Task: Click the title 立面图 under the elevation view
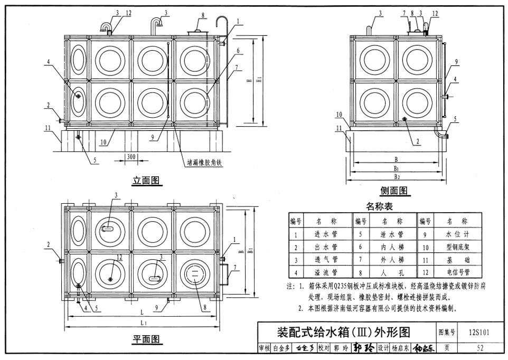point(146,182)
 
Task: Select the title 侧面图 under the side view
point(394,191)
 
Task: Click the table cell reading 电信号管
point(456,273)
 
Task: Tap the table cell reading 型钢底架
point(456,247)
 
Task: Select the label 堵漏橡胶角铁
point(204,163)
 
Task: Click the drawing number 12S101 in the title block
point(478,333)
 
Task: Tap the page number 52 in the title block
point(479,348)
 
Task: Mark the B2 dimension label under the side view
point(396,176)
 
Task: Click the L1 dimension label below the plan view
point(143,322)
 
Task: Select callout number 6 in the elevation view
point(238,51)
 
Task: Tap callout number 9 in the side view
point(455,62)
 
